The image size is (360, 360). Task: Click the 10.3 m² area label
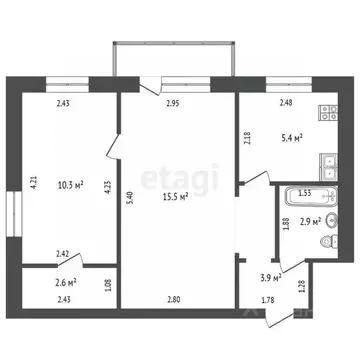(x=70, y=184)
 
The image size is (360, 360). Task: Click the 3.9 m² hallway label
(x=269, y=276)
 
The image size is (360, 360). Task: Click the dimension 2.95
(x=171, y=102)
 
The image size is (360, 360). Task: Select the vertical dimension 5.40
(x=129, y=198)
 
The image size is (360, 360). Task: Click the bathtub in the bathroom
(x=304, y=196)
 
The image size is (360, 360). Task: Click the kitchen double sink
(x=326, y=161)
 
